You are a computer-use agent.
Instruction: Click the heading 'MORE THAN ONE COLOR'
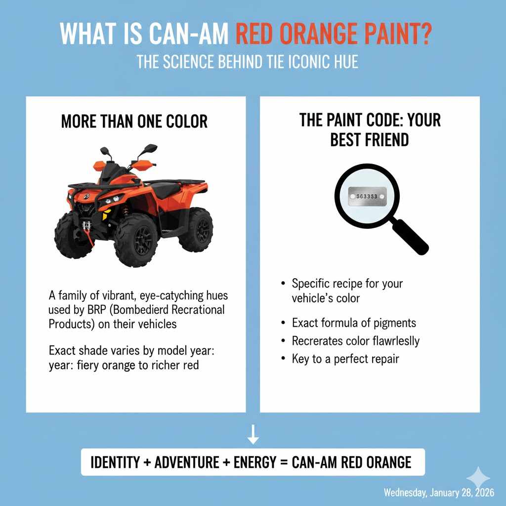tap(134, 121)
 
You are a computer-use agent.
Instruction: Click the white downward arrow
tap(253, 434)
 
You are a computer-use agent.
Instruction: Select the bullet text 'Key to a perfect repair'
tap(345, 359)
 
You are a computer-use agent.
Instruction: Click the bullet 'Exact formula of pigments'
tap(354, 323)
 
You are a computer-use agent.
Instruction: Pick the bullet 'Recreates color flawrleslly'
tap(356, 341)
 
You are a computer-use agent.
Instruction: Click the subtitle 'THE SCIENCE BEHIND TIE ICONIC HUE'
tap(247, 63)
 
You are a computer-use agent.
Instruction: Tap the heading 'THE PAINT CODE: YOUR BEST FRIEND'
tap(370, 129)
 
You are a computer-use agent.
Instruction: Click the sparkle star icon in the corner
tap(478, 477)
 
